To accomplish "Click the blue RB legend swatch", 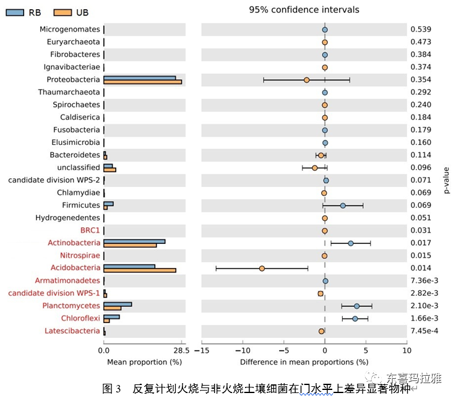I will coord(15,12).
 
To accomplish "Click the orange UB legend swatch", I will coord(62,12).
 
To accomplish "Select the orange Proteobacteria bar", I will coord(142,82).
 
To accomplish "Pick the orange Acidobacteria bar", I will coord(140,270).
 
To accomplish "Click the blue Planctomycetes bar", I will coord(118,303).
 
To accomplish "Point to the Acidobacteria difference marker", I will coord(262,268).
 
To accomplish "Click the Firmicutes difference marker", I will coord(343,205).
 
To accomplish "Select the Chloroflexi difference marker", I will coord(355,318).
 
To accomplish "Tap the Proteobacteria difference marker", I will coord(306,80).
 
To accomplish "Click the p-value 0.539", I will coord(421,29).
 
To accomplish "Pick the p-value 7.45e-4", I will coord(424,331).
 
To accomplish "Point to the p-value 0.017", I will coord(421,243).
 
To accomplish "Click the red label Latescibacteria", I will coord(72,331).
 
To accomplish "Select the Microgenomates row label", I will coord(69,29).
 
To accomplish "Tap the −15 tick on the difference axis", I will coord(202,350).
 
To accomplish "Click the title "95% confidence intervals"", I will coord(304,10).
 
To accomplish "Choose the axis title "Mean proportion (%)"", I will coord(144,361).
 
